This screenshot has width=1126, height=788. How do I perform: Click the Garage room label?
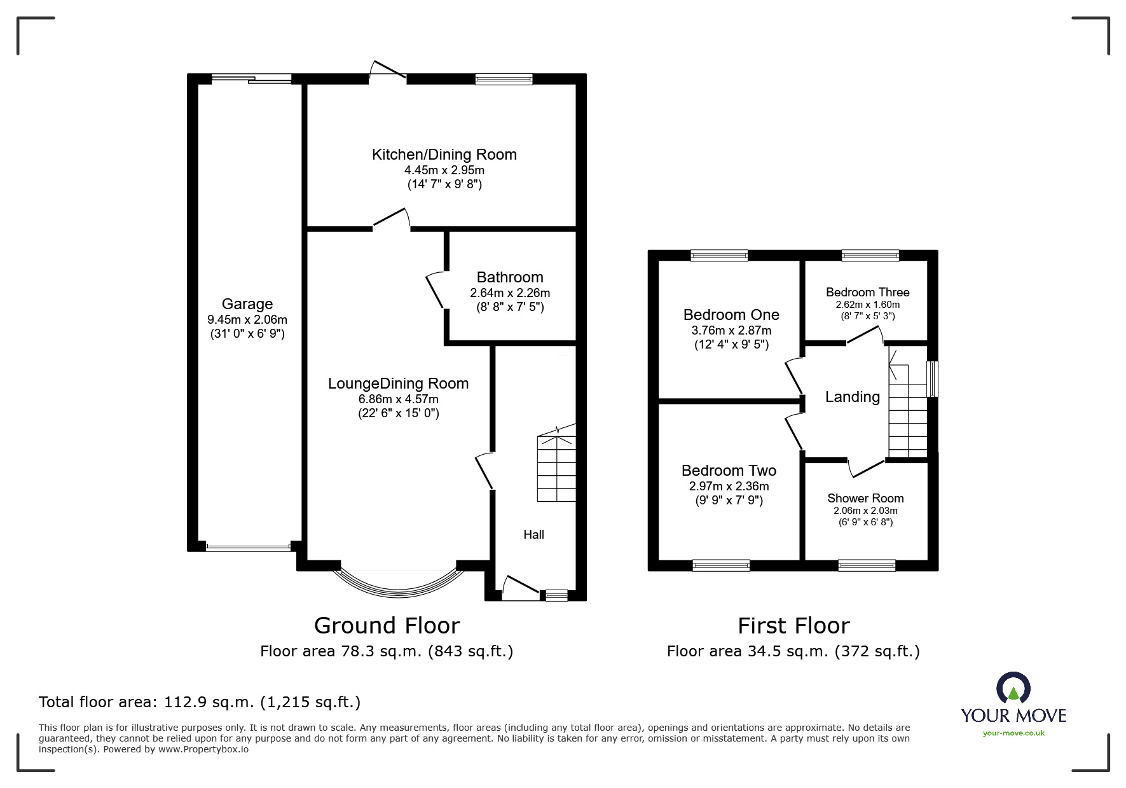point(247,304)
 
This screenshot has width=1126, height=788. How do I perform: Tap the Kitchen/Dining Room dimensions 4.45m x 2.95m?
point(444,170)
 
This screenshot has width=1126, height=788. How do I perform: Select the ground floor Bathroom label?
point(510,277)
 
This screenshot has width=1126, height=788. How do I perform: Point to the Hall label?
point(533,535)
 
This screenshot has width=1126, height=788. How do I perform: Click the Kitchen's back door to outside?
point(388,71)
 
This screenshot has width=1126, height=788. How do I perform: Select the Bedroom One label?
point(731,315)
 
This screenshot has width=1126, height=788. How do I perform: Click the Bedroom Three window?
point(870,256)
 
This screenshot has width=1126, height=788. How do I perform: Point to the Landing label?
point(852,397)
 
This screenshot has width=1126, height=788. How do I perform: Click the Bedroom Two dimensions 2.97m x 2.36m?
point(729,487)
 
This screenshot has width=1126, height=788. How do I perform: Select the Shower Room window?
point(867,565)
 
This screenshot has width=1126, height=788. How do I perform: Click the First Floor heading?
point(793,626)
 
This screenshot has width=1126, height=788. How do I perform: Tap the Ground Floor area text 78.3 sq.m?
point(386,651)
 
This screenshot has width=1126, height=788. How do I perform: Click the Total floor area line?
point(200,702)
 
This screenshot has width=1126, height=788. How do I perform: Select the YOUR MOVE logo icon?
point(1013,688)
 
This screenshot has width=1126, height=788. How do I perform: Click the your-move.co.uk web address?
point(1013,733)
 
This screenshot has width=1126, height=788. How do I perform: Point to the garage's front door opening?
point(248,547)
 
